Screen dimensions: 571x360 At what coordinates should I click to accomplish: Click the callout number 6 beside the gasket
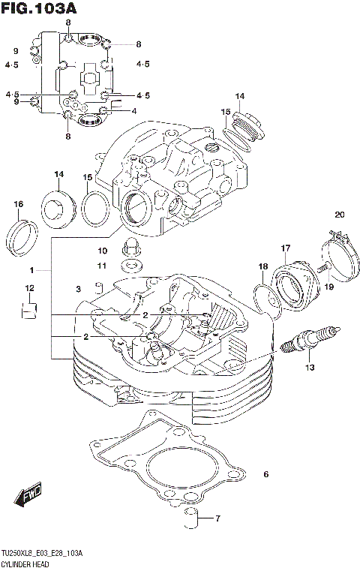[265, 474]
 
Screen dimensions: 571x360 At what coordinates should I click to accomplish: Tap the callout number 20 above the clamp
[339, 215]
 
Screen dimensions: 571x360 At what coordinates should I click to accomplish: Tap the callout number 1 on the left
[31, 269]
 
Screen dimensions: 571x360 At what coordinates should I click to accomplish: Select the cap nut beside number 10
[131, 246]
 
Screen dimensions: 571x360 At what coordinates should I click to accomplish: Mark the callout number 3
[77, 290]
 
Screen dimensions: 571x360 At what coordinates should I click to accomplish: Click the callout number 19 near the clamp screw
[328, 286]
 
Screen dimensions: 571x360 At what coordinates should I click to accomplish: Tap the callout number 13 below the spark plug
[309, 368]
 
